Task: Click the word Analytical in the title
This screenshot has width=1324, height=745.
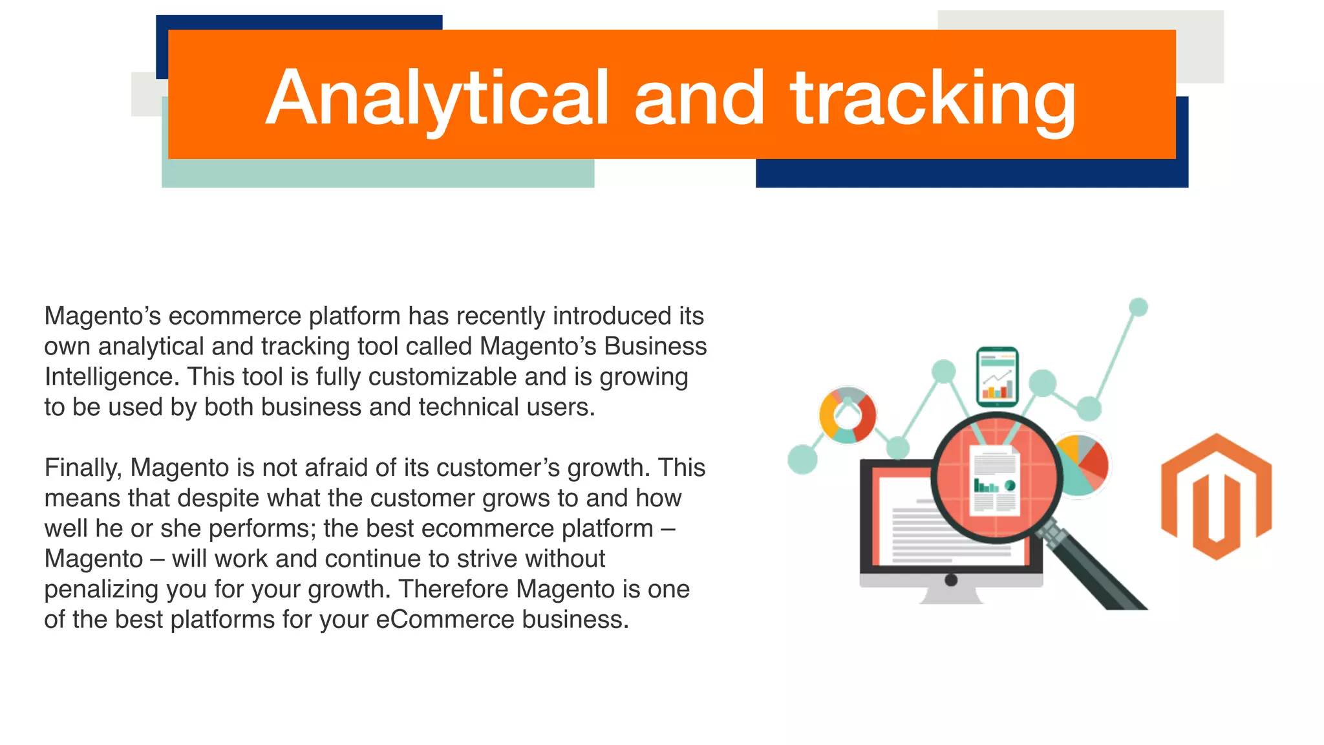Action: (x=438, y=98)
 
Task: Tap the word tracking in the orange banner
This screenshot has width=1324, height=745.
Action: (x=932, y=98)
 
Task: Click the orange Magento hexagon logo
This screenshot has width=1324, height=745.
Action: (x=1216, y=497)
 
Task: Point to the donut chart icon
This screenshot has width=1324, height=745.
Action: (x=847, y=415)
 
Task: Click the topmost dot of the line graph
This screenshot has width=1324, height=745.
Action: (x=1138, y=307)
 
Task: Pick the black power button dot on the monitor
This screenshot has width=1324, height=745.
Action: (x=951, y=579)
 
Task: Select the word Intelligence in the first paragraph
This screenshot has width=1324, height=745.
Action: (x=111, y=377)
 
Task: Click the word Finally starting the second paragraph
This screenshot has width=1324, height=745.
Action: (x=83, y=468)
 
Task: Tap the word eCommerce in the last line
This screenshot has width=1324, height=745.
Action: (x=445, y=620)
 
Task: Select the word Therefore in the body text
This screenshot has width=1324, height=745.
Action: (x=453, y=589)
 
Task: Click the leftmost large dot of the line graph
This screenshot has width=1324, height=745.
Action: (x=802, y=460)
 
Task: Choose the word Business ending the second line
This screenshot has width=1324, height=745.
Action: (x=655, y=347)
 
